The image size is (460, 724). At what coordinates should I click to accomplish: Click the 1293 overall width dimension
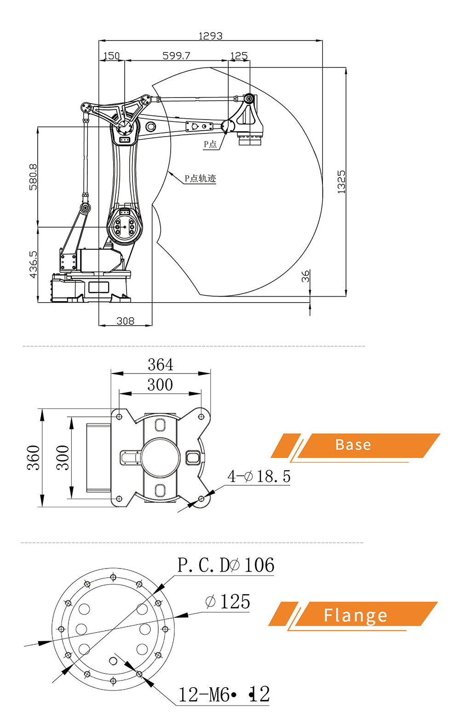(210, 36)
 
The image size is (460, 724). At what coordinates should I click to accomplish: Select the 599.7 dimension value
(176, 56)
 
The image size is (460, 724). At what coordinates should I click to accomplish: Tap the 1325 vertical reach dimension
(341, 182)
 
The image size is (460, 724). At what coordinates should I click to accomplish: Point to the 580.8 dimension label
(33, 177)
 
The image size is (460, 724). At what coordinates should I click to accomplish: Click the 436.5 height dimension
(33, 264)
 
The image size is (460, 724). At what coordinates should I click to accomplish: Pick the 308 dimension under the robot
(125, 321)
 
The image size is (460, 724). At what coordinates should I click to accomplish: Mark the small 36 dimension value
(305, 276)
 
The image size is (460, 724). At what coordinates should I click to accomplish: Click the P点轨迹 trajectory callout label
(200, 178)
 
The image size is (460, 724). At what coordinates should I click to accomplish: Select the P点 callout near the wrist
(210, 144)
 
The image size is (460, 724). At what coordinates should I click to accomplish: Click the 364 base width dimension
(161, 365)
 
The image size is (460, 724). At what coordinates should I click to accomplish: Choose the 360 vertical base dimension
(33, 458)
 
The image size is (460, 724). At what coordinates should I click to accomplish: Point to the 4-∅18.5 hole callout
(259, 477)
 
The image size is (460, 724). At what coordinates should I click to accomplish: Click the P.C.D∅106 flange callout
(226, 565)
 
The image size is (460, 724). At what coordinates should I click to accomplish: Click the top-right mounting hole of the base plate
(201, 417)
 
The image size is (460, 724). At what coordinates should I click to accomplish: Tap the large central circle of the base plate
(160, 458)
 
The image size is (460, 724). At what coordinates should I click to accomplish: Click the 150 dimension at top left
(111, 56)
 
